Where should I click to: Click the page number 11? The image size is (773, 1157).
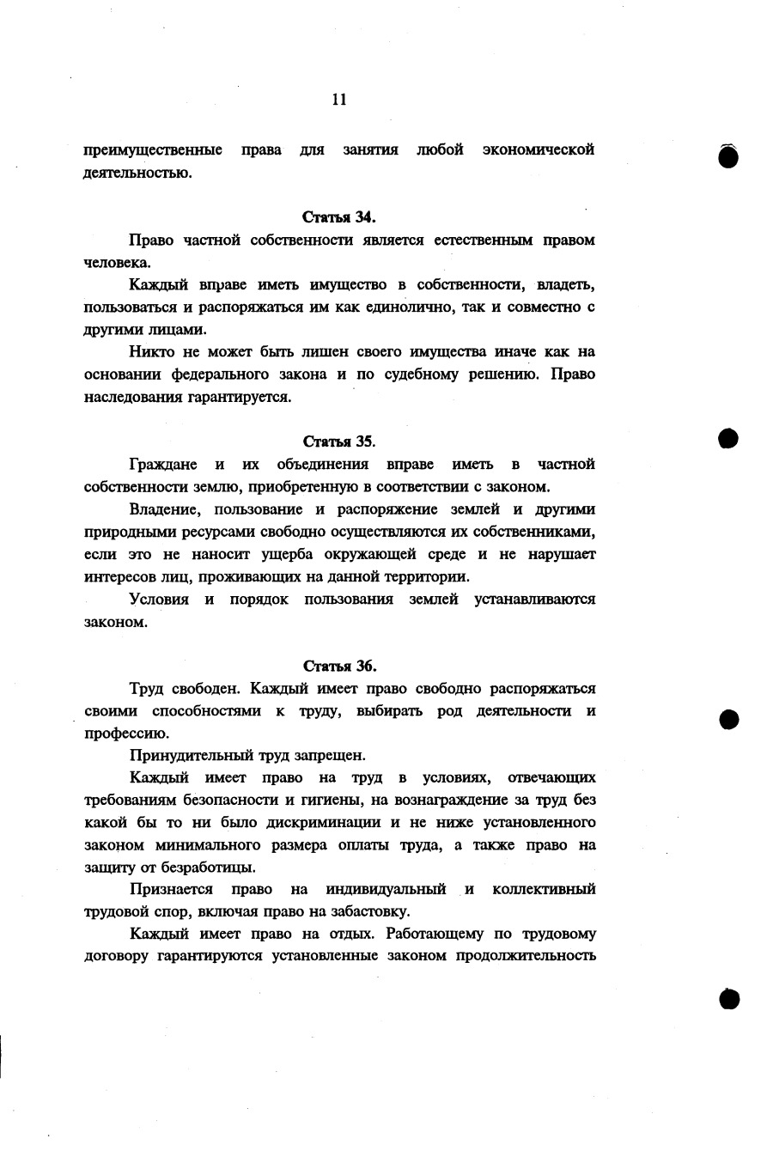338,100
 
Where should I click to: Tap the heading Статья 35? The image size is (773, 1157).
339,441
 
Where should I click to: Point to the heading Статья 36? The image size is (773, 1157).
339,666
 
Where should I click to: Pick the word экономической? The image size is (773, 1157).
539,150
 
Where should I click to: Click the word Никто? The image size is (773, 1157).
149,352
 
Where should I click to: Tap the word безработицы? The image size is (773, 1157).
201,868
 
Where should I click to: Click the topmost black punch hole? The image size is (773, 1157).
728,156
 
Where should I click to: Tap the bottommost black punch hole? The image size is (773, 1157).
728,998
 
